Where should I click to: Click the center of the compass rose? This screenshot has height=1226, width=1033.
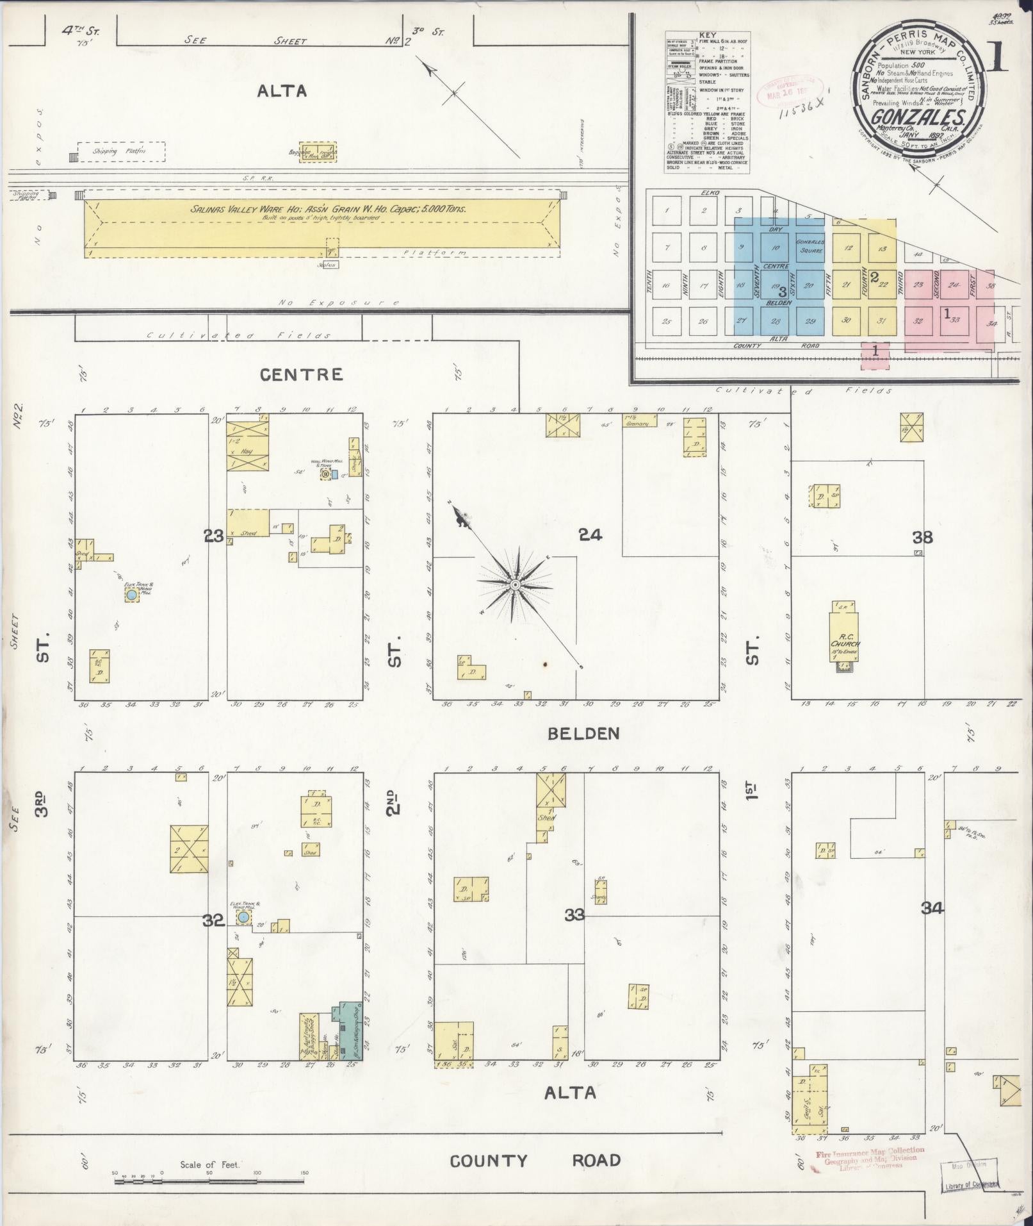(x=515, y=585)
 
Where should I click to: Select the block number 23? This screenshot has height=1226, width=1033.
(x=214, y=536)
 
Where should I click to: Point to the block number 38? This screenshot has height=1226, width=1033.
(x=922, y=537)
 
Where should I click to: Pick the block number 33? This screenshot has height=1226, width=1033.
(x=574, y=915)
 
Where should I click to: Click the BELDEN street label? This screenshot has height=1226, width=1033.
(x=583, y=734)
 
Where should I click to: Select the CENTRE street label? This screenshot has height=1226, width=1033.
(x=301, y=374)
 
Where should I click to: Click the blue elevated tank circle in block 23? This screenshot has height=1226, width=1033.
(x=131, y=595)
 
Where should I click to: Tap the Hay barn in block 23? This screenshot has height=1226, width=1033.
(x=243, y=451)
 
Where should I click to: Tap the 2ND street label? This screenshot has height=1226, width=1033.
(x=393, y=801)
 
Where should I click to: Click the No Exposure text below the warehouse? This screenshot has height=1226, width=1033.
(x=339, y=302)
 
